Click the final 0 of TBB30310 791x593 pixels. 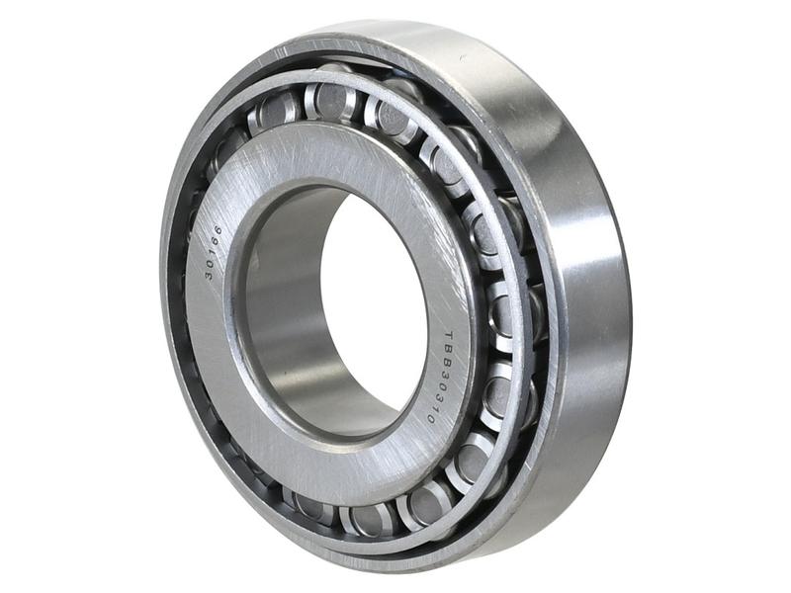tap(431, 419)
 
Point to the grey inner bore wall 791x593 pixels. tap(277, 326)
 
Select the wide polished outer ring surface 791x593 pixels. tap(583, 296)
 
